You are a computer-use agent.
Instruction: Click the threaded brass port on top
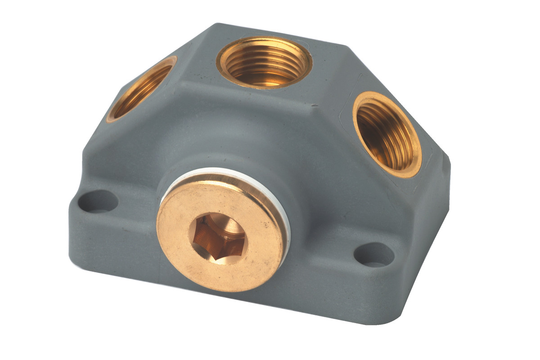[264, 63]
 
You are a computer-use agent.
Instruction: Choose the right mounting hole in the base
[374, 255]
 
